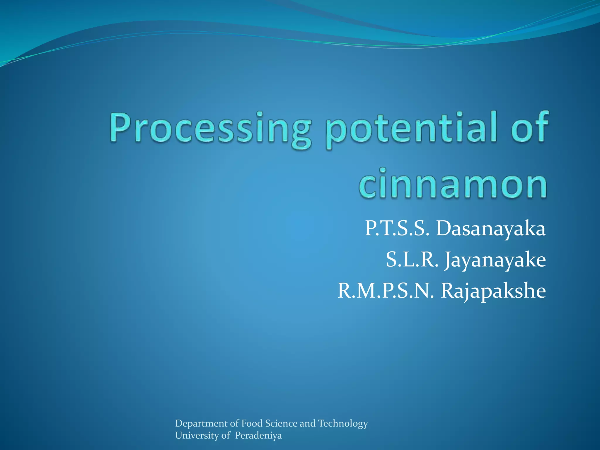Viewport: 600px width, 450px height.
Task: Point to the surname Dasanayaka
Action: pyautogui.click(x=491, y=229)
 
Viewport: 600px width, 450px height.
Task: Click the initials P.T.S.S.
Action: pyautogui.click(x=397, y=229)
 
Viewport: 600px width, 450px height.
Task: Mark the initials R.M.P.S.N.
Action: pyautogui.click(x=386, y=291)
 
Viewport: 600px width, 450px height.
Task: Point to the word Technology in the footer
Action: pyautogui.click(x=343, y=424)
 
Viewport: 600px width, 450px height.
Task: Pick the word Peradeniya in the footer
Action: pyautogui.click(x=258, y=436)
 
